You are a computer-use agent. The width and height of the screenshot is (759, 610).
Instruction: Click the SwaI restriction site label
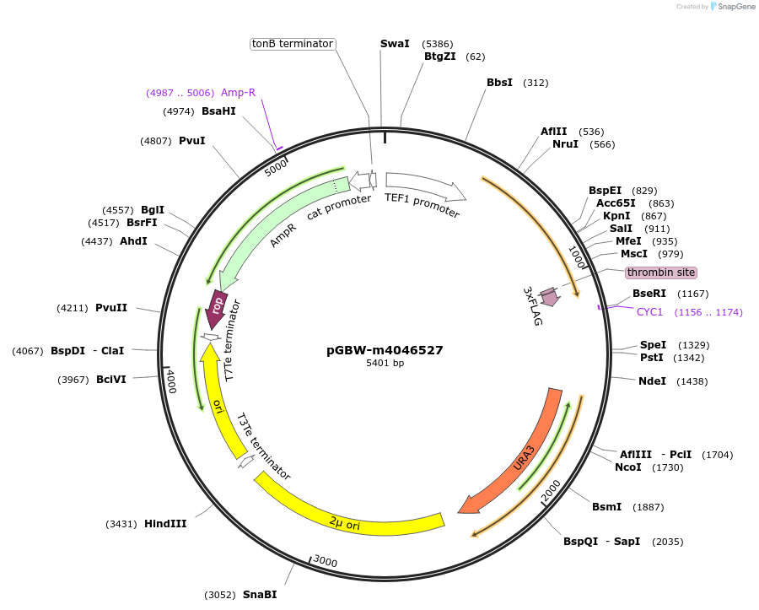(x=395, y=43)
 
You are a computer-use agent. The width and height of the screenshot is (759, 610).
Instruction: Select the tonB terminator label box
(x=293, y=43)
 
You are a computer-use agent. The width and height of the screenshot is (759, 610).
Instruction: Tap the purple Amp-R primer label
(x=238, y=92)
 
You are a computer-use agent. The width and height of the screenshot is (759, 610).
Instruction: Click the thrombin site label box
(x=661, y=273)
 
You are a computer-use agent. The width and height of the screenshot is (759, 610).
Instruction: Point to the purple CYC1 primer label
(x=649, y=312)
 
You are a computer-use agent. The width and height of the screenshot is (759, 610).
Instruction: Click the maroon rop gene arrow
(x=216, y=308)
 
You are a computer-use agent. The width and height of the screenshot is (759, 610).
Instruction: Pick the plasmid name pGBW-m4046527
(x=385, y=350)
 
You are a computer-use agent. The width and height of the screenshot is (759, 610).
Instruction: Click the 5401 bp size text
(x=385, y=364)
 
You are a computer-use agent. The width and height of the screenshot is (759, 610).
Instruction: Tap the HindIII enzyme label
(x=165, y=524)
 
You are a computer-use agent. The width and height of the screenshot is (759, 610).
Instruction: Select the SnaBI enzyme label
(x=260, y=595)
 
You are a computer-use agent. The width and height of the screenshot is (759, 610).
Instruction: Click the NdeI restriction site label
(x=652, y=381)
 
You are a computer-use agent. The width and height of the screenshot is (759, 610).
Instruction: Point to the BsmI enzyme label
(x=606, y=507)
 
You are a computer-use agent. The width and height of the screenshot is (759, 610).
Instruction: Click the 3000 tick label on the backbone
(x=325, y=562)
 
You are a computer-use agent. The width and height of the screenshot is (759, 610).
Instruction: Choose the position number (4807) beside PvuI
(x=156, y=141)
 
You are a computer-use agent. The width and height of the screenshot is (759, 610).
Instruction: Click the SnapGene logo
(x=732, y=7)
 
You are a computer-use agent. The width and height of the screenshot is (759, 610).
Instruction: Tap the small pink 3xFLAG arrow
(x=550, y=296)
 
